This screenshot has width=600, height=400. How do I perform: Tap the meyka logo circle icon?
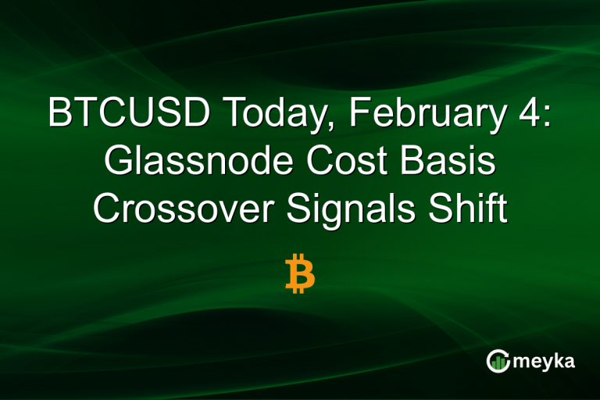pyautogui.click(x=498, y=361)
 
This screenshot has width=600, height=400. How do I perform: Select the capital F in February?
pyautogui.click(x=359, y=115)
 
